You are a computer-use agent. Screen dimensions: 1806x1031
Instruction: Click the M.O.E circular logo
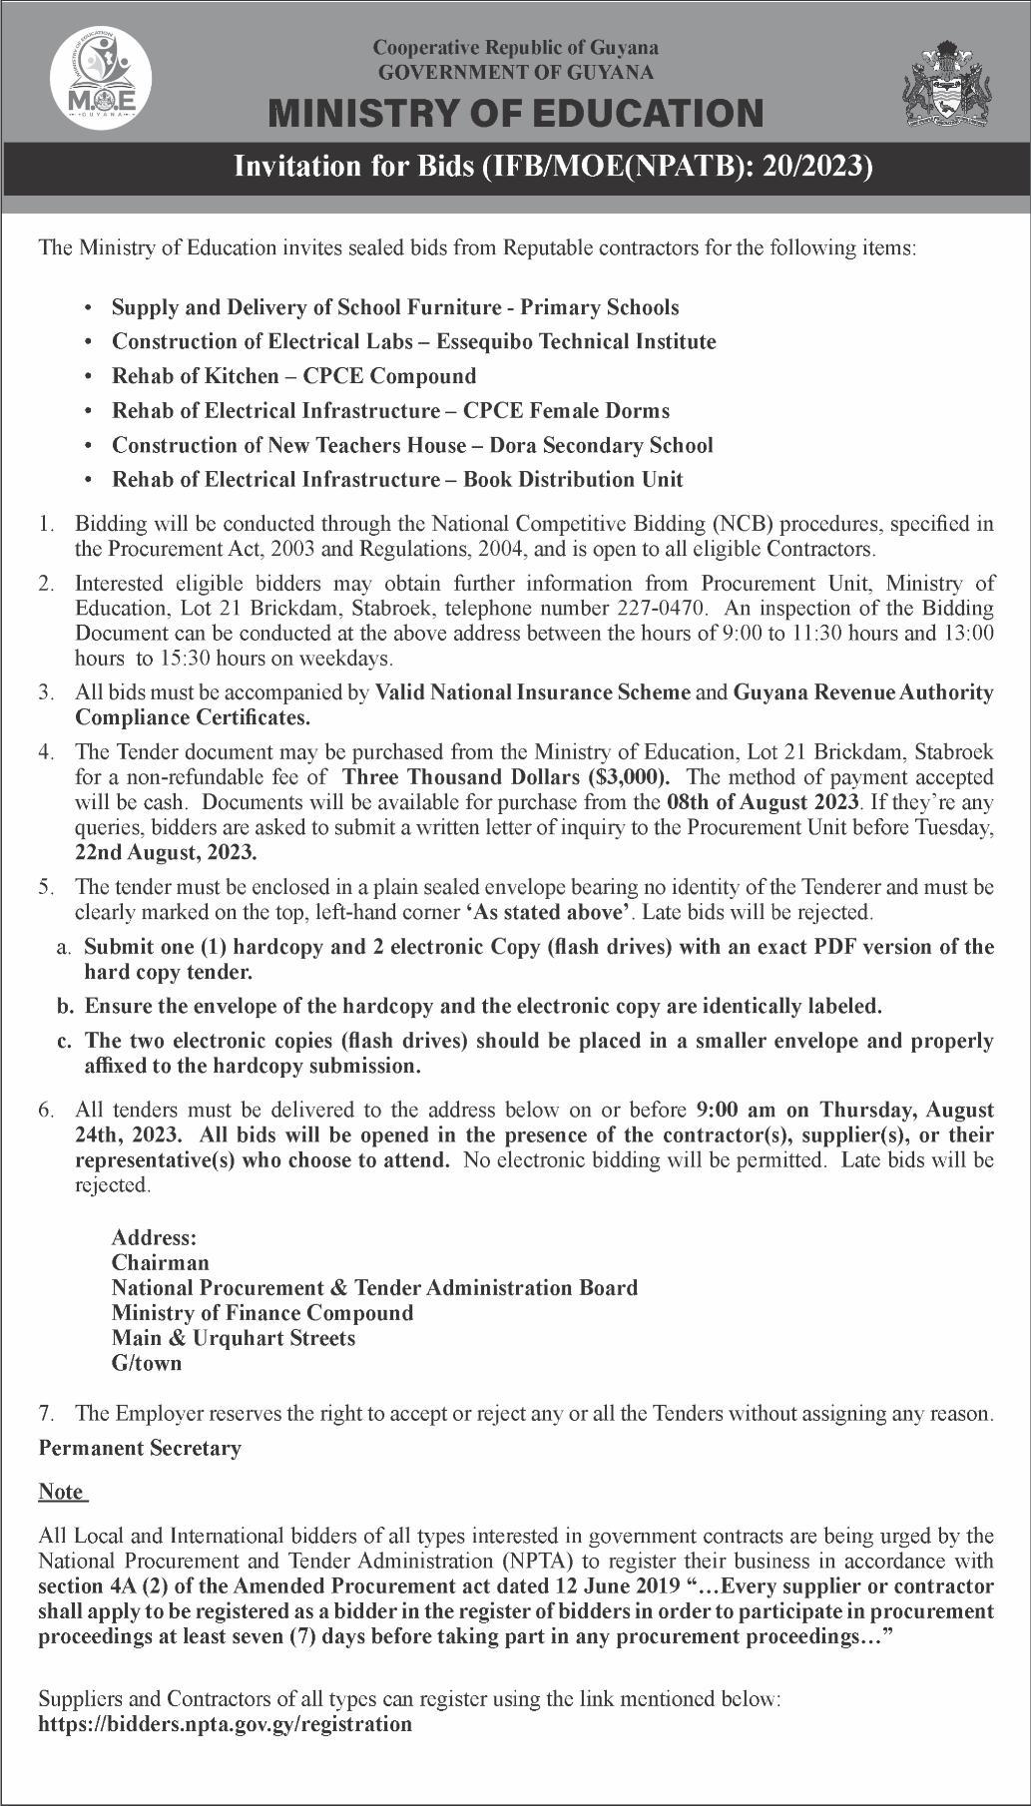[x=101, y=78]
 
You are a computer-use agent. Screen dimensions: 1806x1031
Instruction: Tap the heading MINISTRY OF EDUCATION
[x=516, y=114]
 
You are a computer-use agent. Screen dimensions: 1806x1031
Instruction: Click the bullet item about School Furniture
[x=395, y=307]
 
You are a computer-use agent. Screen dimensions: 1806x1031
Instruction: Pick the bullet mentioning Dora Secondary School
[x=412, y=445]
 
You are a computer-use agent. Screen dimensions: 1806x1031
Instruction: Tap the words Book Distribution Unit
[x=574, y=479]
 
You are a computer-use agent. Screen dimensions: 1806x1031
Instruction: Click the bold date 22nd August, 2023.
[x=166, y=852]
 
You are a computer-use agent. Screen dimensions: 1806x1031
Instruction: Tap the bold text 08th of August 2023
[x=763, y=802]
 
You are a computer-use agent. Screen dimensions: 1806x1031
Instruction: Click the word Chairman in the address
[x=161, y=1262]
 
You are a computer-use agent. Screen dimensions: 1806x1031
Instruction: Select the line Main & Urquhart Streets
[x=234, y=1338]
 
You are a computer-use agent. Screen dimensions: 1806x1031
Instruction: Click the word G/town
[x=147, y=1363]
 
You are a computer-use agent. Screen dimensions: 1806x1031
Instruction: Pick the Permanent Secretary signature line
[x=140, y=1448]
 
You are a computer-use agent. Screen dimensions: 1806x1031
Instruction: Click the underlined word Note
[x=61, y=1492]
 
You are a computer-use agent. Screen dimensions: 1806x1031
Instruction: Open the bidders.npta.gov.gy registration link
[x=226, y=1724]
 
